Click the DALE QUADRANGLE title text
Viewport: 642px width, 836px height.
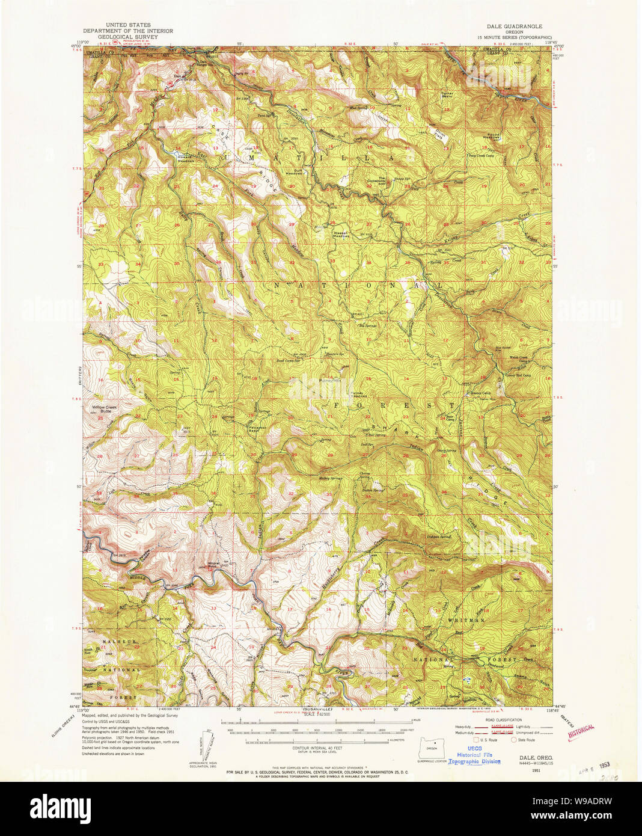click(514, 26)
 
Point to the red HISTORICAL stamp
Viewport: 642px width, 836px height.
click(581, 732)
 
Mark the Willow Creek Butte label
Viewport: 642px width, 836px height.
click(105, 408)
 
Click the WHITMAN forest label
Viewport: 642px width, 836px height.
click(466, 619)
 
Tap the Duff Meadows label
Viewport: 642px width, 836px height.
click(293, 172)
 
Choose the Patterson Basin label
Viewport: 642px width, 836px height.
click(258, 429)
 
